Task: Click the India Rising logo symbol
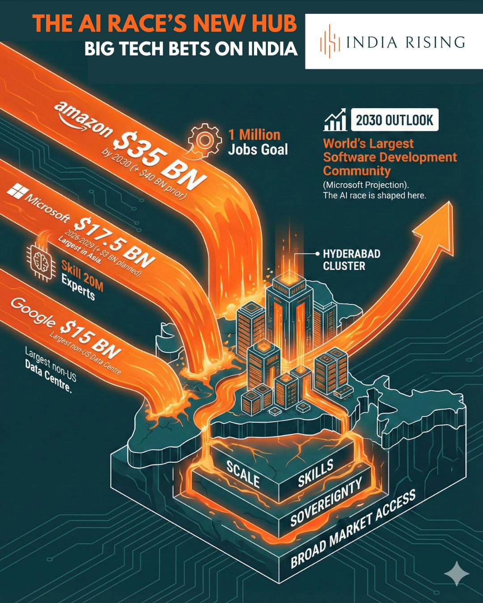[x=329, y=42]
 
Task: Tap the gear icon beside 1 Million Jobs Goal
[x=205, y=140]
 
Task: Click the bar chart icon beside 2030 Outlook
[x=335, y=120]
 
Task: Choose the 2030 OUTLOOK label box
[x=394, y=120]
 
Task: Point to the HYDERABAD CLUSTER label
[x=352, y=260]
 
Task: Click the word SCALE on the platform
[x=243, y=474]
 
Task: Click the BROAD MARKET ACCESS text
[x=353, y=528]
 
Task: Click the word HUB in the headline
[x=273, y=23]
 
